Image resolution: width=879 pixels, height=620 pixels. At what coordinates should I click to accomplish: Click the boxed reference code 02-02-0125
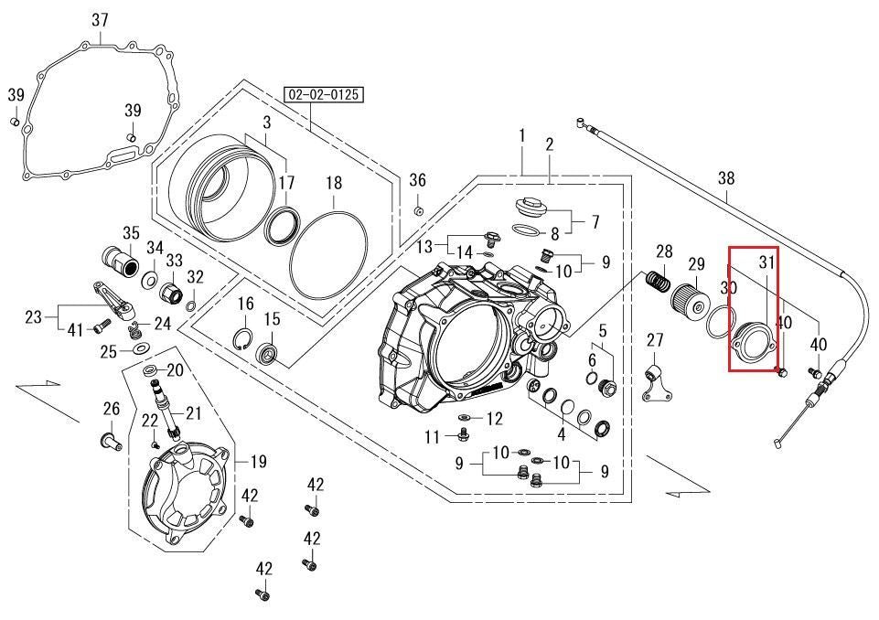point(324,94)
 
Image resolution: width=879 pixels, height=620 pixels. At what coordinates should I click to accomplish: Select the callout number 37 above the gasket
point(100,21)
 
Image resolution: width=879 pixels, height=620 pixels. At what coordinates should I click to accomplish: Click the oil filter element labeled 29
point(693,300)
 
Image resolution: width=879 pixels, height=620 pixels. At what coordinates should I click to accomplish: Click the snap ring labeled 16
point(245,339)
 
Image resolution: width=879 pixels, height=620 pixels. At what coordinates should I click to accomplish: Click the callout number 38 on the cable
point(726,179)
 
